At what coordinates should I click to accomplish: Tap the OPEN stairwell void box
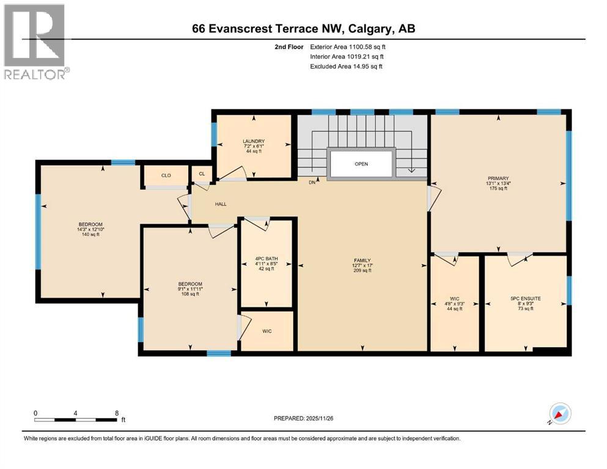[x=361, y=164]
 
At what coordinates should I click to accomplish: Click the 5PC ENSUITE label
[x=525, y=304]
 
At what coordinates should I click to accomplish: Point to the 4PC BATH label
[x=267, y=263]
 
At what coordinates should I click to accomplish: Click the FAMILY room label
[x=362, y=264]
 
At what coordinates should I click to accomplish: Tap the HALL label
[x=220, y=204]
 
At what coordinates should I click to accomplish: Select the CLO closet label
[x=166, y=175]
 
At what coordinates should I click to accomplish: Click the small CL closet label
[x=202, y=174]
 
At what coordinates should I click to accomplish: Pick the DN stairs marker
[x=312, y=182]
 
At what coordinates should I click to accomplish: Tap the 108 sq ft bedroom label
[x=189, y=289]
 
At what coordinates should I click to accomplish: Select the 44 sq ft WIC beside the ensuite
[x=455, y=304]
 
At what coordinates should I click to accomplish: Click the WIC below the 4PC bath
[x=267, y=331]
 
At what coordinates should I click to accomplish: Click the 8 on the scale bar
[x=116, y=412]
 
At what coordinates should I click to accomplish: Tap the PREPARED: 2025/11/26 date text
[x=303, y=418]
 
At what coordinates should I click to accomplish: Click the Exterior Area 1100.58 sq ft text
[x=348, y=46]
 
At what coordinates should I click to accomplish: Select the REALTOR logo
[x=35, y=41]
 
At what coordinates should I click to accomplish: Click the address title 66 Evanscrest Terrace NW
[x=303, y=29]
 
